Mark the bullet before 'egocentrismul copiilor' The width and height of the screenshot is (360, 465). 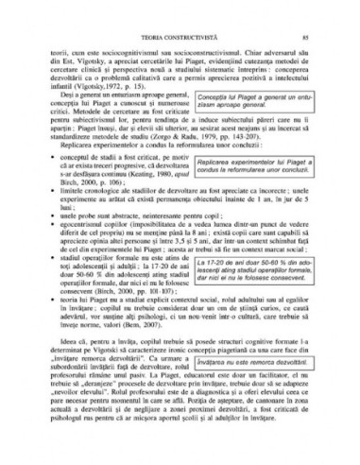coord(55,248)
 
